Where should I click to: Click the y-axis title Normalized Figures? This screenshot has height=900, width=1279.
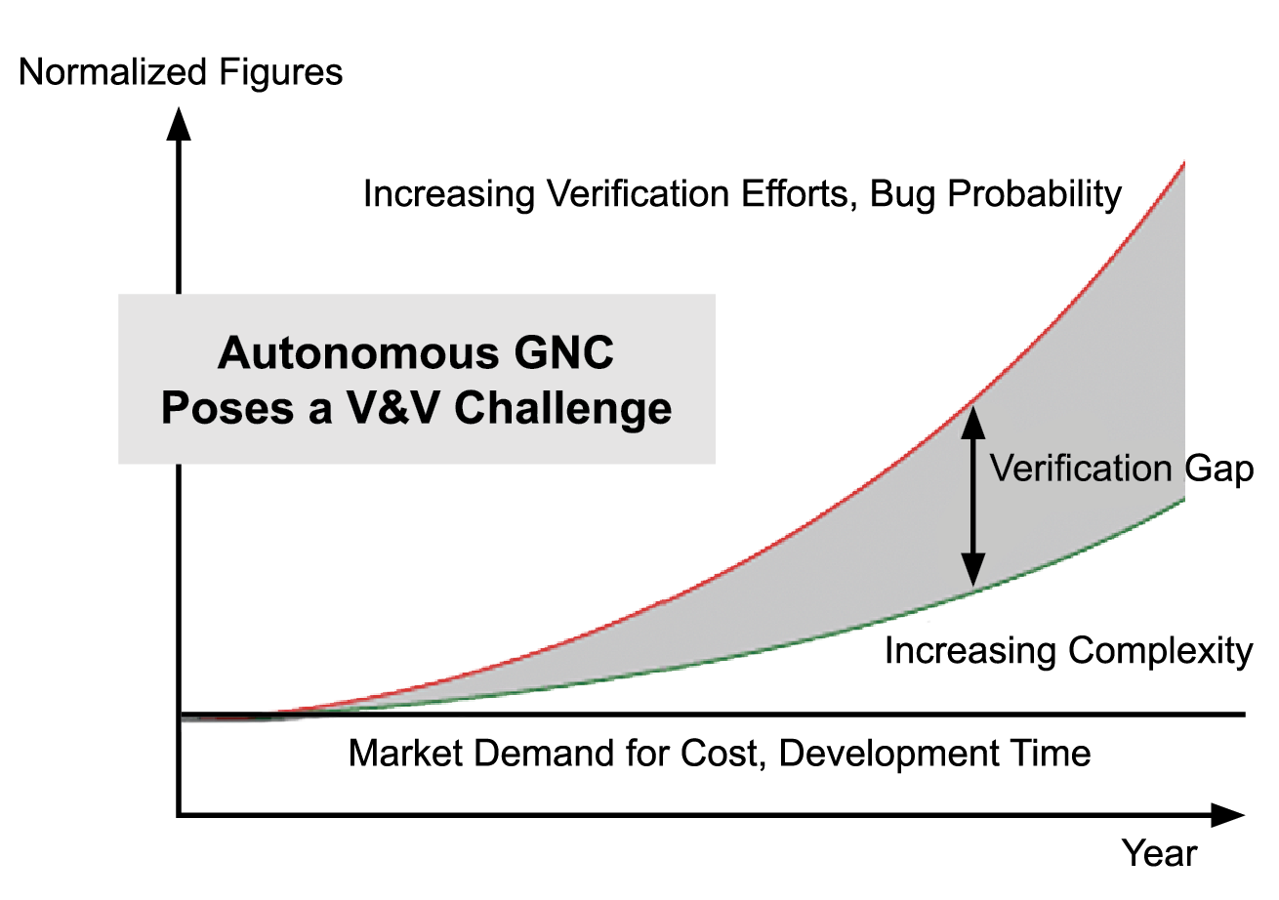tap(181, 73)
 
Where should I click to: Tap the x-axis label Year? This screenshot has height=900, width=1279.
tap(1160, 854)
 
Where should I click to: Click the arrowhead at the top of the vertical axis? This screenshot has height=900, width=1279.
tap(179, 124)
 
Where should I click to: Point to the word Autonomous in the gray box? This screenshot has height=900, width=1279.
tap(358, 353)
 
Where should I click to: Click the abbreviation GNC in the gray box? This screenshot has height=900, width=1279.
tap(563, 353)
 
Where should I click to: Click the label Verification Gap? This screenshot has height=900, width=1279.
tap(1122, 470)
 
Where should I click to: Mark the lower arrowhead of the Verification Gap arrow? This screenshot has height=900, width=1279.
tap(973, 570)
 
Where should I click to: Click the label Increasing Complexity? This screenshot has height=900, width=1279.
tap(1069, 652)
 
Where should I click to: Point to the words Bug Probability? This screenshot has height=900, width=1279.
tap(995, 195)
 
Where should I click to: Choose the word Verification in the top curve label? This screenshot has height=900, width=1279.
tap(640, 193)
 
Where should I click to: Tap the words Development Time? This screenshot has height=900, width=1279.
tap(934, 755)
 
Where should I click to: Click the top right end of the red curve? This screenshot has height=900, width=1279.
tap(1185, 163)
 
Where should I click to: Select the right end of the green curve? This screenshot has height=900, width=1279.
tap(1185, 500)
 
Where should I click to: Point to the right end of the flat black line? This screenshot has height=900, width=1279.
tap(1245, 715)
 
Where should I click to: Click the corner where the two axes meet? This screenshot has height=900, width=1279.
tap(179, 815)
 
